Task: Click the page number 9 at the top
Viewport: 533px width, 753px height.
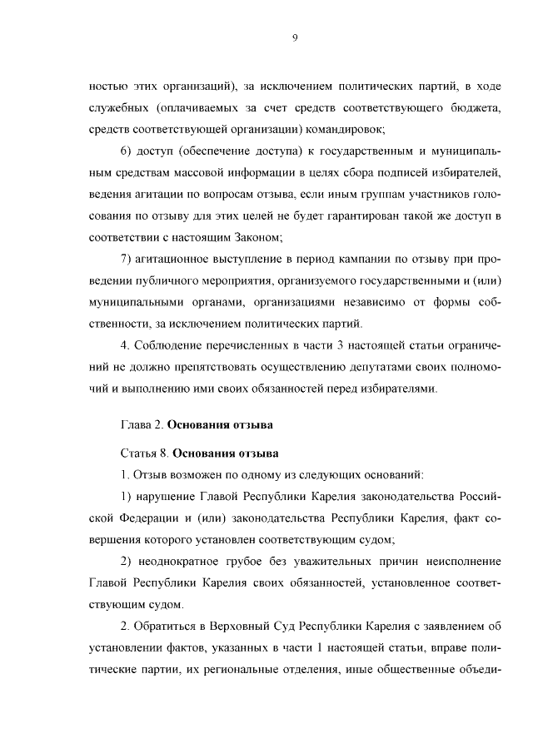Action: (x=295, y=37)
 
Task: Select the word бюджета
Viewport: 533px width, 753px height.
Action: (x=472, y=107)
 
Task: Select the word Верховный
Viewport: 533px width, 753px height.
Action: (x=222, y=627)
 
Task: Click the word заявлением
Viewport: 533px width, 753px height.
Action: (x=452, y=627)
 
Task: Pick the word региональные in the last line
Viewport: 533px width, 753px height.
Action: (x=228, y=670)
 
